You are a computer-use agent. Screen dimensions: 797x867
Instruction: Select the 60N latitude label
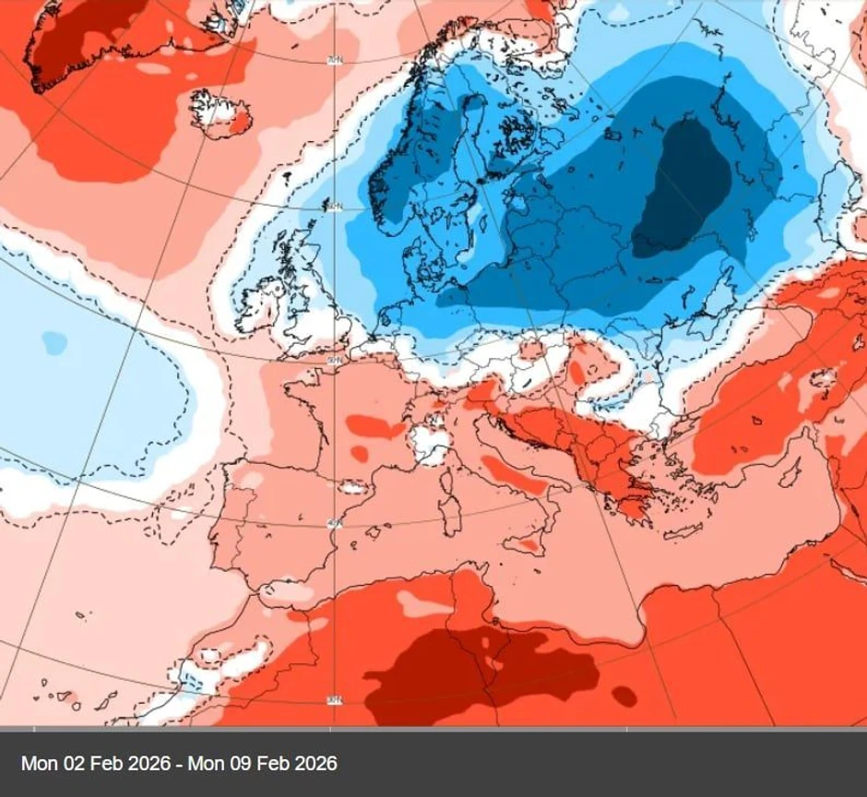333,207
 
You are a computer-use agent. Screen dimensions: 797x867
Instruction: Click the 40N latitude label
334,523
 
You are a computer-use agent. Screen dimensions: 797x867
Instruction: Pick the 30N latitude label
334,700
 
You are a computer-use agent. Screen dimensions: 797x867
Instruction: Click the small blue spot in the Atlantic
54,343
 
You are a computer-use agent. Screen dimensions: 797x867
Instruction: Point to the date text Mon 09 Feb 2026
264,764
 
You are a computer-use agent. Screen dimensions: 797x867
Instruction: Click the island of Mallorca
373,532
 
